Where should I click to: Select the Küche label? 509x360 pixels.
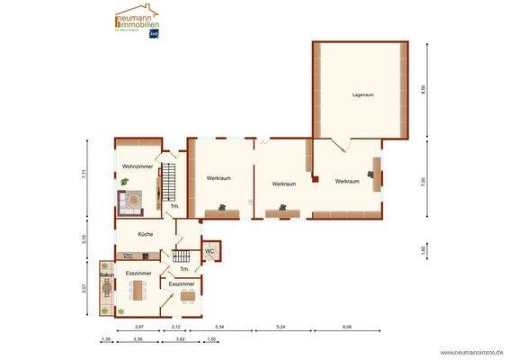(x=145, y=234)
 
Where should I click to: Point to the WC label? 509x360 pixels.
(x=210, y=251)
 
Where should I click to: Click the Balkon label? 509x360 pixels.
(x=106, y=274)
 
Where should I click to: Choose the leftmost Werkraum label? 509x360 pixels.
(x=219, y=178)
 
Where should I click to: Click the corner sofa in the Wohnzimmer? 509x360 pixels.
(x=129, y=202)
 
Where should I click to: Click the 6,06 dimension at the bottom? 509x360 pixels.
(x=347, y=326)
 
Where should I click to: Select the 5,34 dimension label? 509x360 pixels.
(x=222, y=326)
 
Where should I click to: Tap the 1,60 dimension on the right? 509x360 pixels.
(x=424, y=249)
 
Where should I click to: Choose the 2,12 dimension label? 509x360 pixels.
(x=176, y=326)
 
